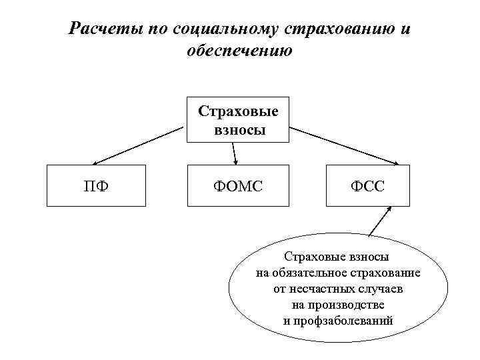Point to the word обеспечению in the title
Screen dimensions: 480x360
coord(240,51)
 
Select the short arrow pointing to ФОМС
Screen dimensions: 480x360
coord(235,153)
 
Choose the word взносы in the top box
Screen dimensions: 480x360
coord(239,129)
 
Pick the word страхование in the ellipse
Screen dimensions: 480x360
coord(385,273)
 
